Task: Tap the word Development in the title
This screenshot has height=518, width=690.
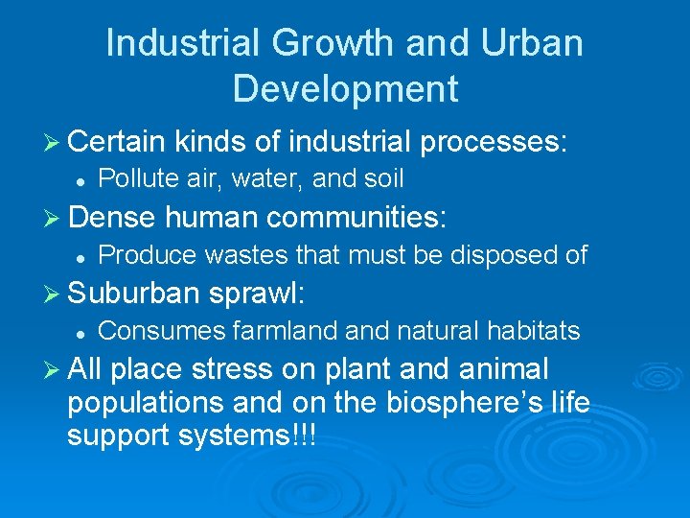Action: pyautogui.click(x=345, y=89)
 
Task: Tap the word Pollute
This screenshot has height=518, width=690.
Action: pyautogui.click(x=134, y=178)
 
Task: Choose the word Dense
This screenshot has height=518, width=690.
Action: pyautogui.click(x=111, y=219)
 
